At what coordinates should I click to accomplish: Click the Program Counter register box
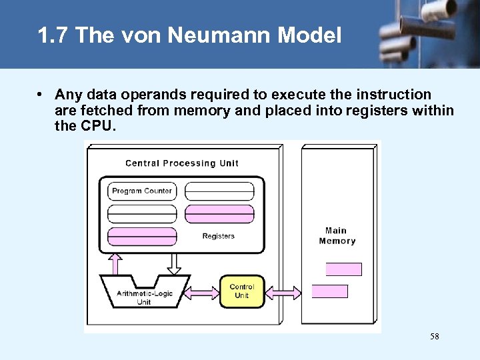pyautogui.click(x=142, y=191)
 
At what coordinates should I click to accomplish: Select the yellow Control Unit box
pyautogui.click(x=242, y=291)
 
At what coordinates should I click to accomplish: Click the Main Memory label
pyautogui.click(x=337, y=236)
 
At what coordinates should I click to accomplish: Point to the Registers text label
pyautogui.click(x=219, y=236)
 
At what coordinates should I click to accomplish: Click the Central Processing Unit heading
pyautogui.click(x=181, y=163)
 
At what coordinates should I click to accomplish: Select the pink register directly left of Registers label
pyautogui.click(x=142, y=236)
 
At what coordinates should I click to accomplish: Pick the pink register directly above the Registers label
pyautogui.click(x=219, y=214)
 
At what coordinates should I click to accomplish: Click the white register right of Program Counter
pyautogui.click(x=219, y=191)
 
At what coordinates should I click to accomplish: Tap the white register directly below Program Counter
pyautogui.click(x=142, y=214)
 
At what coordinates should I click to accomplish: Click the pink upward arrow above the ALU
pyautogui.click(x=114, y=263)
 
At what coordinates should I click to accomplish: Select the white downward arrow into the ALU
pyautogui.click(x=174, y=263)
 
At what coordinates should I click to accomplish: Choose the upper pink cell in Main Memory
pyautogui.click(x=343, y=269)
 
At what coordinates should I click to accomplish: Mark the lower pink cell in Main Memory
pyautogui.click(x=330, y=291)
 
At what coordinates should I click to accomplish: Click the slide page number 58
pyautogui.click(x=435, y=337)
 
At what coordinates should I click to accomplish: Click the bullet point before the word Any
pyautogui.click(x=41, y=95)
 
